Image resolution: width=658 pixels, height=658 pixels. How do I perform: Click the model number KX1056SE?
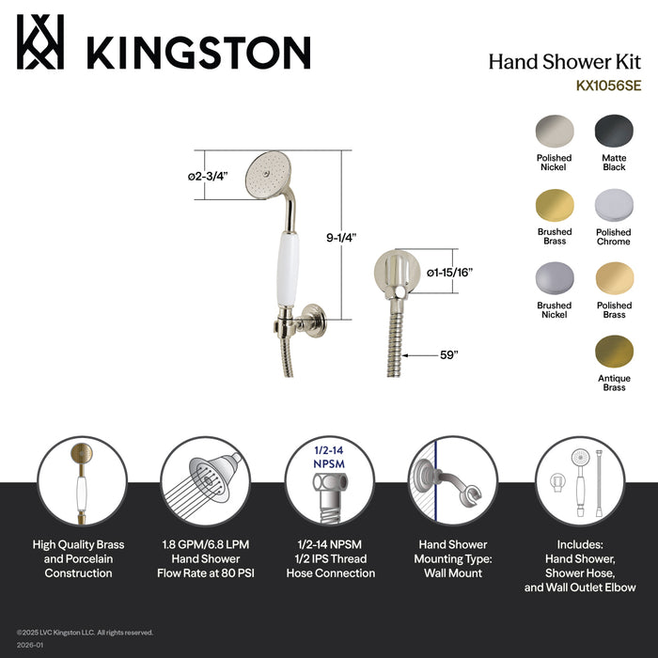pyautogui.click(x=609, y=84)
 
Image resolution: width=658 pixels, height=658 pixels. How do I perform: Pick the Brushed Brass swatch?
pyautogui.click(x=555, y=205)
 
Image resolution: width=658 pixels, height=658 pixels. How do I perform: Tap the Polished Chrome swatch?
pyautogui.click(x=613, y=205)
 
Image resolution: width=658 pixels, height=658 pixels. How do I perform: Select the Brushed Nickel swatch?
pyautogui.click(x=555, y=279)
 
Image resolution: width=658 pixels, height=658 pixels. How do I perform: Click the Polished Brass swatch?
pyautogui.click(x=613, y=279)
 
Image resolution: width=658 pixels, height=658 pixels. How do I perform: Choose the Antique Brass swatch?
pyautogui.click(x=613, y=352)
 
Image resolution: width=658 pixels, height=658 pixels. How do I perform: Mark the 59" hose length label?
pyautogui.click(x=449, y=354)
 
